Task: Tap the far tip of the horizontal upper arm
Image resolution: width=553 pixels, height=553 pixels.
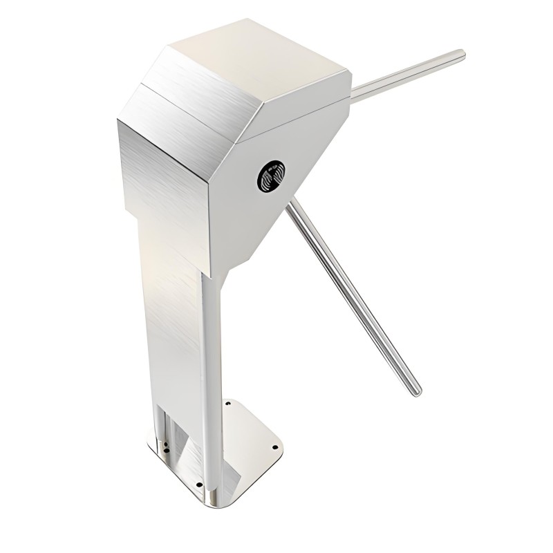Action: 461,53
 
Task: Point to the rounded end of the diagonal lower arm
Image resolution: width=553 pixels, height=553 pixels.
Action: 416,391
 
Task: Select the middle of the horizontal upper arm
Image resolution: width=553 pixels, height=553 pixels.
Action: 408,73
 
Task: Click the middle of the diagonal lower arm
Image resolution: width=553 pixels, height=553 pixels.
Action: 353,297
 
